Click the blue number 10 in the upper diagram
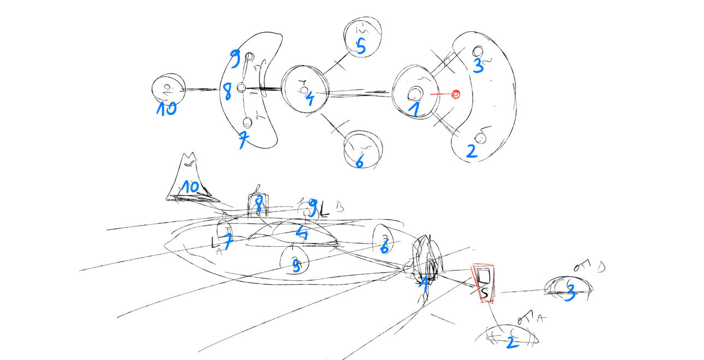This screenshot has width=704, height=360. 167,109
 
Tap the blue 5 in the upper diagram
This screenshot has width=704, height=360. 361,46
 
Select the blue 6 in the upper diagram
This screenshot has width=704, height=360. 360,161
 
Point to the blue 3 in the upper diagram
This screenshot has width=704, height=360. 478,66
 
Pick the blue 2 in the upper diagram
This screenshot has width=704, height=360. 472,151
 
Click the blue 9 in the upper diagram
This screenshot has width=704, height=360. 235,59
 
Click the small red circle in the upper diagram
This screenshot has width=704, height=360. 455,95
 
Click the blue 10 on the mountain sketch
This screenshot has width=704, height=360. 190,187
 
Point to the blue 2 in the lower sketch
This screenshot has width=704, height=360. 511,342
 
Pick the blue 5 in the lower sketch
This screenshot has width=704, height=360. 296,266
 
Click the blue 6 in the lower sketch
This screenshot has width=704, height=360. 384,247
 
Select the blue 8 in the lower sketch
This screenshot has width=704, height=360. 259,205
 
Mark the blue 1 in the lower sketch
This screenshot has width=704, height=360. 424,283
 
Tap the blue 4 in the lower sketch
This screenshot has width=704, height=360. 302,234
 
